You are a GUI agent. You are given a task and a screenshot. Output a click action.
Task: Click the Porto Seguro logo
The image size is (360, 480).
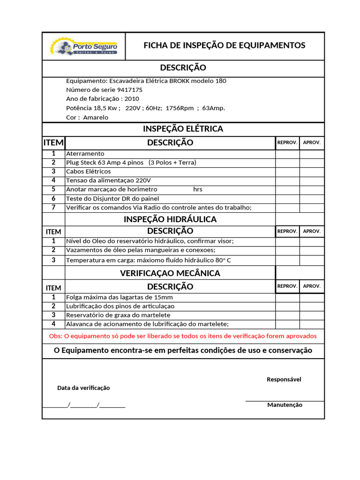click(x=84, y=47)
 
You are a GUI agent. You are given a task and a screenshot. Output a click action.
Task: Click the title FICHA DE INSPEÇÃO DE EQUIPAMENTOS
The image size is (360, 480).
click(x=224, y=45)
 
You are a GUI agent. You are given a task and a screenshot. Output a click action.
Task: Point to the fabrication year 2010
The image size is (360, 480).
click(x=132, y=99)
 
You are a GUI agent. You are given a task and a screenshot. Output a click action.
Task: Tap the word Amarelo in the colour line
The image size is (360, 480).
click(x=96, y=118)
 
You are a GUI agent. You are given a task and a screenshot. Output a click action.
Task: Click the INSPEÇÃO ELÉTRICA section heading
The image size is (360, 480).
click(x=183, y=128)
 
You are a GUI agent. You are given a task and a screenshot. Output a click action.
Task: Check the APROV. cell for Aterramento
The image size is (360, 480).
click(x=312, y=154)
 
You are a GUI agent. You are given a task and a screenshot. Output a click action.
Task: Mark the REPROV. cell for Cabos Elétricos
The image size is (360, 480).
click(x=287, y=172)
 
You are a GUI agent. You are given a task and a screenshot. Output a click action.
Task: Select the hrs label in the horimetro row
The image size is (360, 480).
click(x=198, y=190)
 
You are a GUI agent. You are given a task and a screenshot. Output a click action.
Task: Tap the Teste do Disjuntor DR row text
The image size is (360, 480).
click(x=112, y=199)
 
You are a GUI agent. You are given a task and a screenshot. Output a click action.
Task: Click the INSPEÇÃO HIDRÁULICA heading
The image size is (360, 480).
click(x=170, y=219)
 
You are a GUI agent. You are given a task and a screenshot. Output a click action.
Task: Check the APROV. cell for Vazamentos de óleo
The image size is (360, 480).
click(x=312, y=250)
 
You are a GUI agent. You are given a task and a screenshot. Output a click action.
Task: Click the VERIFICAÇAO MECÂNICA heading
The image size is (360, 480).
click(x=170, y=273)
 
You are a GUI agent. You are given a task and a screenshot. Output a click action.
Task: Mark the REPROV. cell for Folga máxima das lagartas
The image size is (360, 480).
click(x=287, y=298)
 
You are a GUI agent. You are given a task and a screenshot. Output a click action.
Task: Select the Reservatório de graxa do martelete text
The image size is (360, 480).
click(x=118, y=315)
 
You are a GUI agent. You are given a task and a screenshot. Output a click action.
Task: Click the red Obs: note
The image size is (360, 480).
click(x=183, y=336)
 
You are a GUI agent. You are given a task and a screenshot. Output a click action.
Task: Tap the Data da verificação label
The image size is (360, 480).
click(x=83, y=388)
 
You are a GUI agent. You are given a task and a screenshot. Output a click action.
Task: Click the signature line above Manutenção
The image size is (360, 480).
click(x=285, y=401)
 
